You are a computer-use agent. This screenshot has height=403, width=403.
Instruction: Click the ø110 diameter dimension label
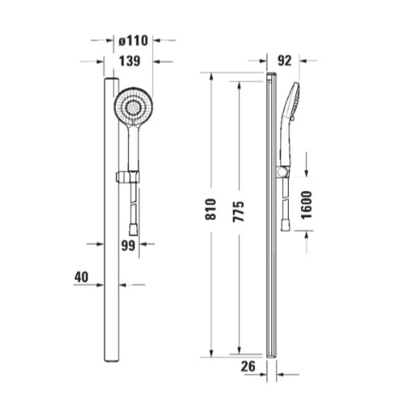134,40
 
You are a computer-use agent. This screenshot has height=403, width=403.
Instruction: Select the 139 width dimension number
129,61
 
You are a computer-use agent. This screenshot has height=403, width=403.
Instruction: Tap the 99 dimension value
128,245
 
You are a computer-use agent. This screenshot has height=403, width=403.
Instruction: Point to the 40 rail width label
82,277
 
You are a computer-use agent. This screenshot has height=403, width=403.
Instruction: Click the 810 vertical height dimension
210,209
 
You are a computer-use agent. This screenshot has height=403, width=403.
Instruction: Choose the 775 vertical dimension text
239,211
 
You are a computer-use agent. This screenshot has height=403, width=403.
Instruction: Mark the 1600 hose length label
307,205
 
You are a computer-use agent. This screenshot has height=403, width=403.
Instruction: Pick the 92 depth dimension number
285,61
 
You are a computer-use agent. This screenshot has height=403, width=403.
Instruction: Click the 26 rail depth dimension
248,367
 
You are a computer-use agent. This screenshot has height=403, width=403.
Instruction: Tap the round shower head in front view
134,107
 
